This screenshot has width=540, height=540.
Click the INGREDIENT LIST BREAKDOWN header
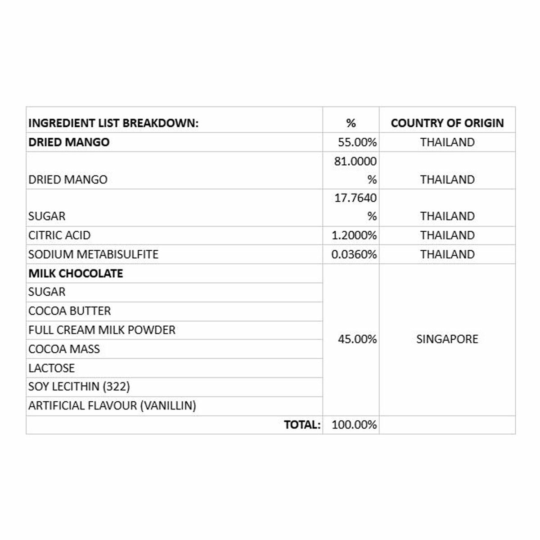[113, 123]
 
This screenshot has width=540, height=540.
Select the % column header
[351, 123]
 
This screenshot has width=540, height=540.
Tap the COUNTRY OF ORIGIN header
[447, 123]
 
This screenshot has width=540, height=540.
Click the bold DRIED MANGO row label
[69, 142]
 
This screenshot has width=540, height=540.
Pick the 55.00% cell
[357, 143]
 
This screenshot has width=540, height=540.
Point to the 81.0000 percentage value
[355, 161]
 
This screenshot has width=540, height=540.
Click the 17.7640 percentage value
[355, 198]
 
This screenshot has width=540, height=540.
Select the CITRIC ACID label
[59, 235]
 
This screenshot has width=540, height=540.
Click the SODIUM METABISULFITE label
[93, 254]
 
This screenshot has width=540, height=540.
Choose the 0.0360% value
[354, 254]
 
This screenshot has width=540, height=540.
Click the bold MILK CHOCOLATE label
[76, 273]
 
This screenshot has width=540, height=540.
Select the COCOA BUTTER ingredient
[69, 311]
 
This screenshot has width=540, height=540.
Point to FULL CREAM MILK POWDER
[102, 330]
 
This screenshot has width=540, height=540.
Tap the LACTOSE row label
[51, 368]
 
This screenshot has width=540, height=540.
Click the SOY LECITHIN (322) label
[79, 387]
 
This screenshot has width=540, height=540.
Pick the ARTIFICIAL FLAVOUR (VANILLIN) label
[112, 406]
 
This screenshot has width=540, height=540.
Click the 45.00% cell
[357, 339]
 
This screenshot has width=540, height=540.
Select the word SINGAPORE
[447, 339]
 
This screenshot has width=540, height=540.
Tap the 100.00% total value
[354, 425]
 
